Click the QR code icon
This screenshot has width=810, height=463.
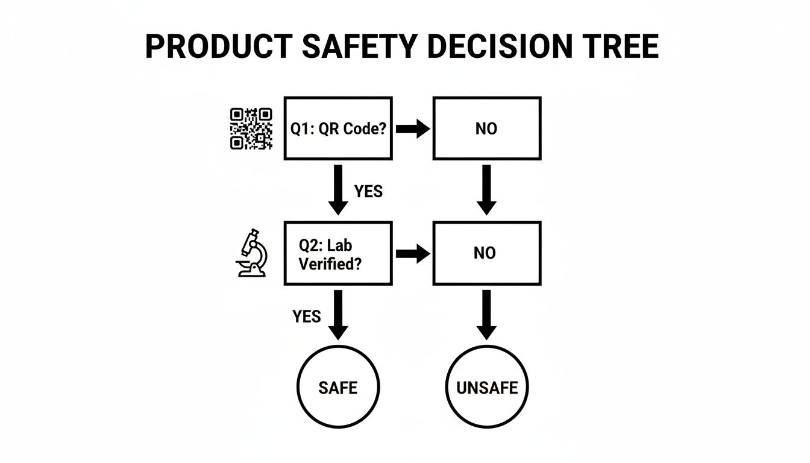[251, 128]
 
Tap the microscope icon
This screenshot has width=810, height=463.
[252, 253]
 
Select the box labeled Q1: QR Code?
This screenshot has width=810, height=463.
[337, 128]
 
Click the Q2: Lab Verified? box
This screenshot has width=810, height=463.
[337, 253]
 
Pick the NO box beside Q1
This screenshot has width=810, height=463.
[486, 128]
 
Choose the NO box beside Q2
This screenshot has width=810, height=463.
[486, 253]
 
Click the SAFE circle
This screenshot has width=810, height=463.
[338, 387]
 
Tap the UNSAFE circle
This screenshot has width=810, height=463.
[487, 387]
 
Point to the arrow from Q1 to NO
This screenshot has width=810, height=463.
[413, 129]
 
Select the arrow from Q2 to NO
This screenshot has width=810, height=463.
[413, 254]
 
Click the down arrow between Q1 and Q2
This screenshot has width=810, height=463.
[338, 189]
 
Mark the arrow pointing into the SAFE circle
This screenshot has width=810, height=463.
[338, 315]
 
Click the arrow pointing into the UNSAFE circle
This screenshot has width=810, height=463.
[486, 315]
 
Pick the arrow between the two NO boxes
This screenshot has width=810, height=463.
[486, 189]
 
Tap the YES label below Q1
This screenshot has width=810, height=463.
[368, 191]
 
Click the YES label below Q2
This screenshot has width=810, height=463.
[307, 316]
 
